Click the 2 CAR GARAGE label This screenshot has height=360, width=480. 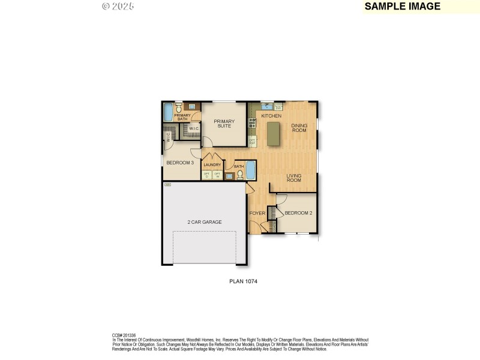(x=204, y=222)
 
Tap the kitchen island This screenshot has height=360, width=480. (x=274, y=133)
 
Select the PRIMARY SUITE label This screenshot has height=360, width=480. (x=224, y=124)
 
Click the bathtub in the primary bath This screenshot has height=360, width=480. (x=168, y=112)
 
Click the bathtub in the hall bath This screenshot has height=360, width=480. (x=251, y=170)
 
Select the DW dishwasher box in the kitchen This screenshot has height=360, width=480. (x=278, y=108)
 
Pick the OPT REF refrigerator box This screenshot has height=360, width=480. (x=253, y=142)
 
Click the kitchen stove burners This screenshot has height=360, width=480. (x=253, y=123)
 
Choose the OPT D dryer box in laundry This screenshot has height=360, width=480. (x=207, y=175)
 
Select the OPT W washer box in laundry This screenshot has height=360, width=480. (x=217, y=175)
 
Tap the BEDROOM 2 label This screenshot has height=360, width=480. (x=298, y=213)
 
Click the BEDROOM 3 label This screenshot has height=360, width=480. (x=179, y=163)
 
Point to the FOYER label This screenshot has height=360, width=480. (x=257, y=213)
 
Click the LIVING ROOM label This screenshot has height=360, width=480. (x=293, y=178)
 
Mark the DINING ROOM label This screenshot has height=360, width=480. (x=299, y=128)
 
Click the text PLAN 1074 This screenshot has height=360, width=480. (x=244, y=281)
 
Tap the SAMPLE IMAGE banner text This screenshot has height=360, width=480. (x=403, y=7)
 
